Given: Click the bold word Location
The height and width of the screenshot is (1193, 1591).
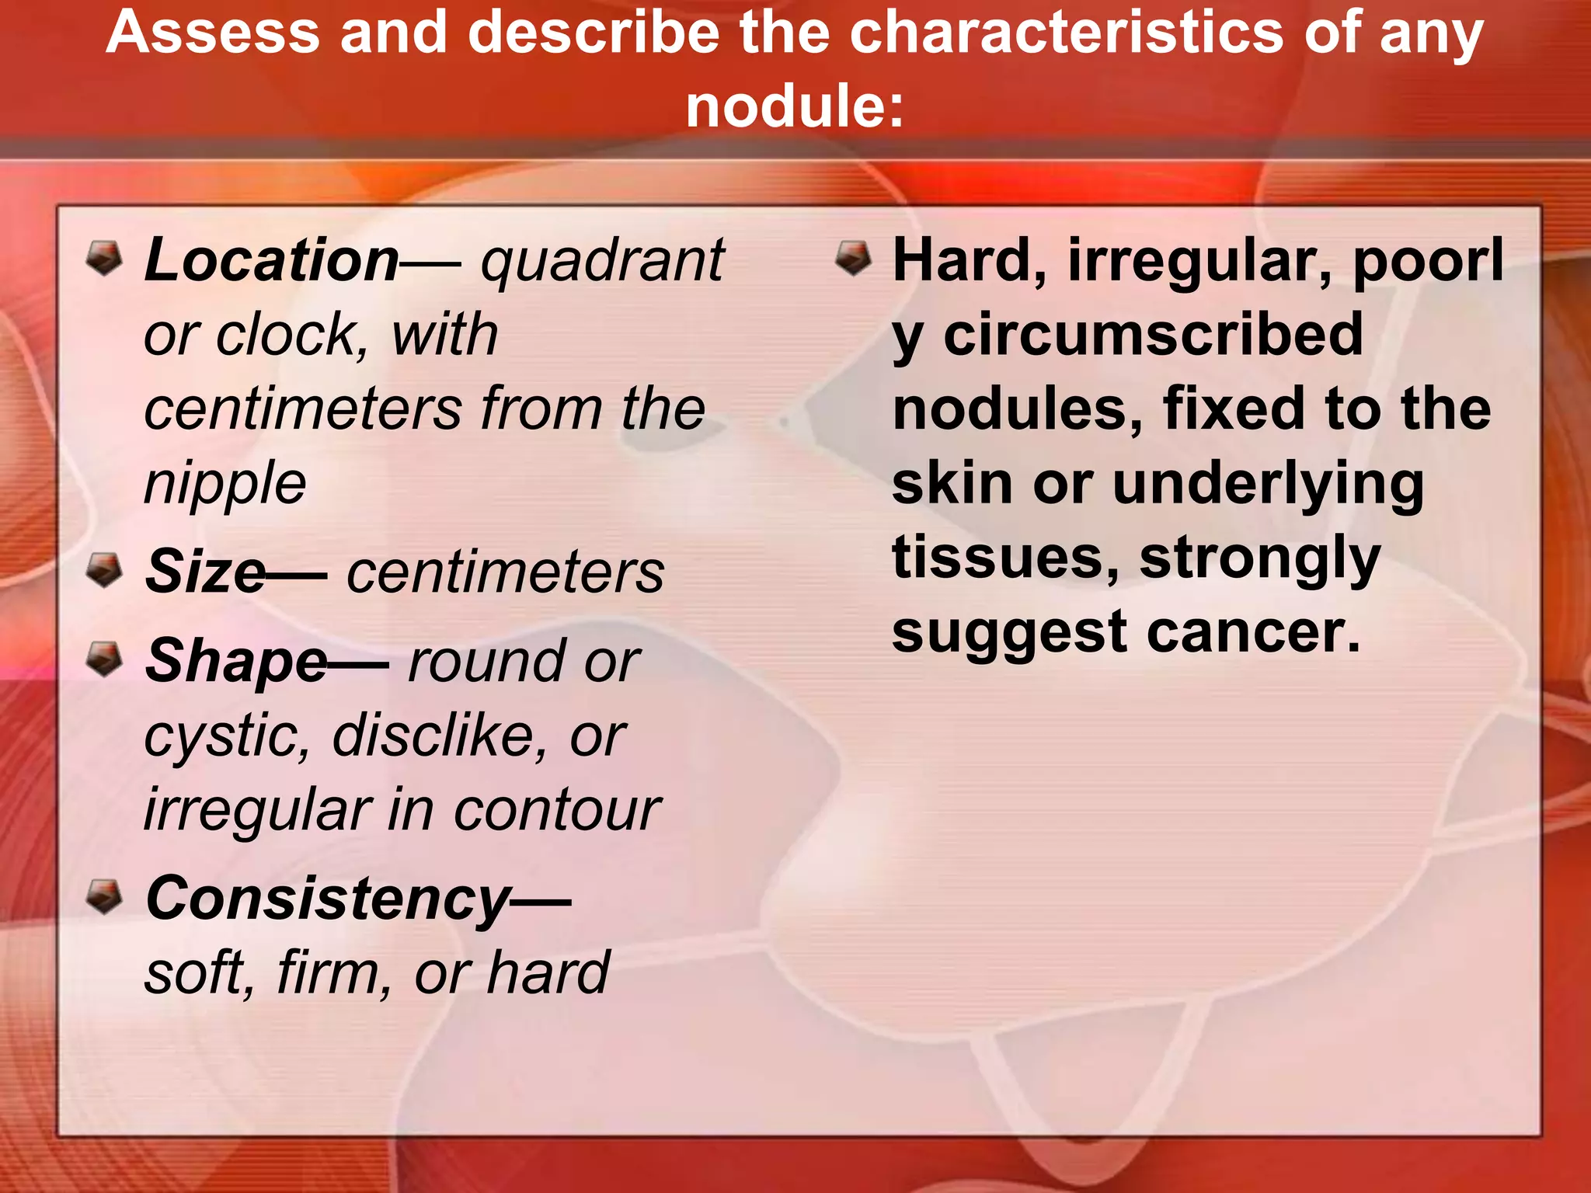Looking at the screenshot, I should click(x=272, y=260).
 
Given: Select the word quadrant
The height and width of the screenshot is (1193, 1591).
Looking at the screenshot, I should click(x=602, y=260).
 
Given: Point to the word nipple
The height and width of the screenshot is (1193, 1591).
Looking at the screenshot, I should click(x=225, y=483).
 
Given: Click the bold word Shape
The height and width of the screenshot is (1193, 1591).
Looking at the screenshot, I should click(x=237, y=662).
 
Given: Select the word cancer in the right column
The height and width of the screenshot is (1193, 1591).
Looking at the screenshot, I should click(x=1254, y=631).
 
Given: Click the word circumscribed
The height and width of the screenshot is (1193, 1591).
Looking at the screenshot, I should click(x=1153, y=335).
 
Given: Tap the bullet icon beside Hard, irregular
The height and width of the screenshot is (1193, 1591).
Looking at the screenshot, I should click(x=853, y=258).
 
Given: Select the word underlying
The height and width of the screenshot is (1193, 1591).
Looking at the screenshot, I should click(x=1268, y=483).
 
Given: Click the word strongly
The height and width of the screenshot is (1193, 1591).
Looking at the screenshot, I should click(x=1259, y=558).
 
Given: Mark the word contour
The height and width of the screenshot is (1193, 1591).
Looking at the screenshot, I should click(x=556, y=810).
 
